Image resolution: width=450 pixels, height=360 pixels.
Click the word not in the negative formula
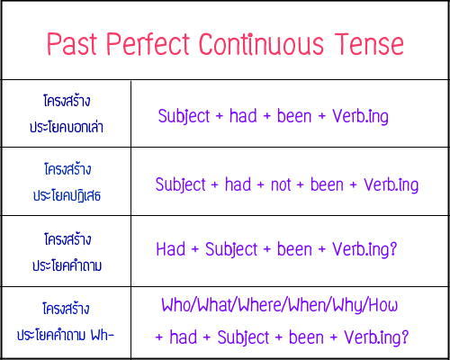(x=281, y=184)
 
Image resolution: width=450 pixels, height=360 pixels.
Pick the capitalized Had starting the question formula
(x=171, y=249)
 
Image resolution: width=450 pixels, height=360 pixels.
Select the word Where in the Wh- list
(x=258, y=305)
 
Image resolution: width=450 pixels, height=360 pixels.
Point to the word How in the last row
(x=382, y=305)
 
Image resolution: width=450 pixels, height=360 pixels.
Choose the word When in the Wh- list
(x=306, y=305)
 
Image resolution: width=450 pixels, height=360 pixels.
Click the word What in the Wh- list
(x=213, y=305)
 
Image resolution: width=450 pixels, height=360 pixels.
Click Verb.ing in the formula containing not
(x=387, y=184)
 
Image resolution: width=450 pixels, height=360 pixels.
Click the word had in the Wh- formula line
(x=187, y=337)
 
